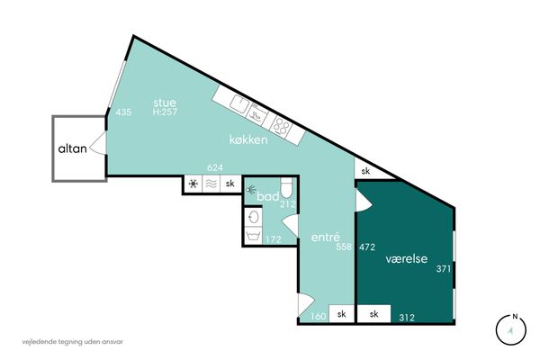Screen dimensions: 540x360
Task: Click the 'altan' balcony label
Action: point(72,148)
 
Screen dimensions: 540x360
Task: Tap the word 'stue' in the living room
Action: point(165,103)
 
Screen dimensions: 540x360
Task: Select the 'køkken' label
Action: point(248,139)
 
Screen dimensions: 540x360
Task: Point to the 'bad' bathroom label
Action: point(268,197)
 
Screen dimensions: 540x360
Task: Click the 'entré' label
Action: point(326,237)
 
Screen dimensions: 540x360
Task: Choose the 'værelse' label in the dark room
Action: point(407,258)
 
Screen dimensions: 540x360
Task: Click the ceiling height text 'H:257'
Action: point(165,112)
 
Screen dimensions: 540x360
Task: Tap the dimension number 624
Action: point(215,167)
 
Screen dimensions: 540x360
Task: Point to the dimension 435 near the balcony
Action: point(123,112)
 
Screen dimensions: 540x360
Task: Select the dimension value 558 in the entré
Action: point(344,247)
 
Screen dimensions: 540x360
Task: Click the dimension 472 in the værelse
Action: point(367,247)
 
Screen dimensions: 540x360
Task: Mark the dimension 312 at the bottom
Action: point(407,318)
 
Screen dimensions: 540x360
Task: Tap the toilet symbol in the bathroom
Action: point(286,187)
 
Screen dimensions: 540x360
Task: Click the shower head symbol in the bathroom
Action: point(251,189)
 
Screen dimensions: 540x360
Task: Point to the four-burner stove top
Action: point(281,126)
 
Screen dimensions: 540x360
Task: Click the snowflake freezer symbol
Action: point(193,184)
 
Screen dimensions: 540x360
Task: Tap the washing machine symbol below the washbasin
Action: point(254,236)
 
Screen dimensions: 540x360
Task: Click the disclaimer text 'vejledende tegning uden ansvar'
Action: point(73,342)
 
